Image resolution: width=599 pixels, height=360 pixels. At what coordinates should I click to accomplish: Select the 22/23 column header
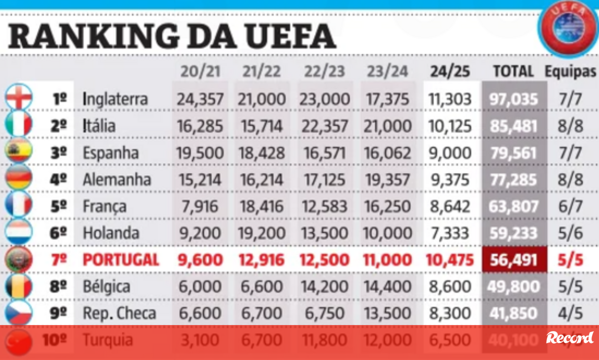click(x=324, y=71)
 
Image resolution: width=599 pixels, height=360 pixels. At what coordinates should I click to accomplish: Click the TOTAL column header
click(x=513, y=71)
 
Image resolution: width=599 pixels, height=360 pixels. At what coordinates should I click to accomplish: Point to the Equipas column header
click(x=571, y=72)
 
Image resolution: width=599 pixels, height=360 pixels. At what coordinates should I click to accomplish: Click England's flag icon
click(x=19, y=97)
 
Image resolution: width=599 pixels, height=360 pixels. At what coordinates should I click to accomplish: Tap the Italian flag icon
click(x=19, y=125)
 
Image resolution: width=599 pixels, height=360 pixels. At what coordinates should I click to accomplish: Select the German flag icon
click(x=19, y=179)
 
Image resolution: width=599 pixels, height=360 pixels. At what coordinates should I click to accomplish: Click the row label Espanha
click(x=111, y=152)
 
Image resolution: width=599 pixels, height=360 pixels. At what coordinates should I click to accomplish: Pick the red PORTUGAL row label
click(x=121, y=260)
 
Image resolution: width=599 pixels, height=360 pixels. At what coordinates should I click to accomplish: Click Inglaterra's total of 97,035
click(x=513, y=98)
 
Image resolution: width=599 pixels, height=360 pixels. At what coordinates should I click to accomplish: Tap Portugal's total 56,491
click(x=513, y=260)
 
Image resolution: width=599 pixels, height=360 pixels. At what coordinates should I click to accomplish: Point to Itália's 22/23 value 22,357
click(x=325, y=125)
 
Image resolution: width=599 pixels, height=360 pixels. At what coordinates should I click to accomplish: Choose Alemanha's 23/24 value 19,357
click(x=387, y=179)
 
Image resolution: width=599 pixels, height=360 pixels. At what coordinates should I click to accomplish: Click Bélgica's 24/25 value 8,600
click(x=449, y=287)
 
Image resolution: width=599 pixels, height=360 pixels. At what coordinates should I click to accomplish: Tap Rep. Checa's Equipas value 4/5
click(x=571, y=314)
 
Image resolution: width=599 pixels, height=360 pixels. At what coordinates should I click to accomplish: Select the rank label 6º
click(x=58, y=233)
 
